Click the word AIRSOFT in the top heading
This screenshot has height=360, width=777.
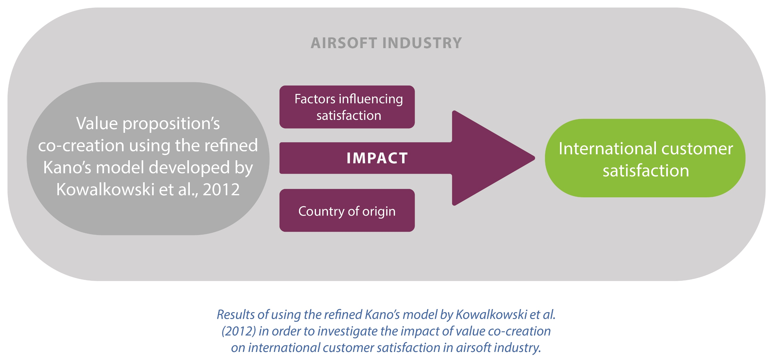(x=344, y=43)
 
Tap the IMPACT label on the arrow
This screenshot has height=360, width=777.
(x=377, y=158)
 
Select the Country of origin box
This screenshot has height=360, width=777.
(x=347, y=210)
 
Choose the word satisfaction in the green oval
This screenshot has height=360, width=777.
(x=646, y=171)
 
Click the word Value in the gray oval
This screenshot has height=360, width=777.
(x=97, y=123)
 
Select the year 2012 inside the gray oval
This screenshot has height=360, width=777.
(x=221, y=190)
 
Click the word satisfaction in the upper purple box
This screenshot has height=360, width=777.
(x=349, y=116)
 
